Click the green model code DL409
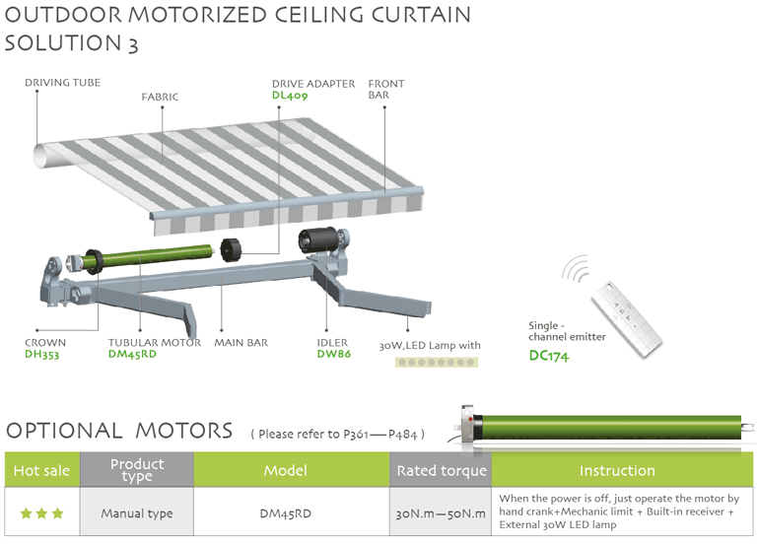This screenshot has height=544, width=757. (x=290, y=95)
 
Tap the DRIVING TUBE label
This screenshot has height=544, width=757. (x=63, y=83)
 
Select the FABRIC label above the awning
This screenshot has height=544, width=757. (x=160, y=97)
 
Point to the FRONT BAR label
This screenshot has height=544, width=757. (x=386, y=90)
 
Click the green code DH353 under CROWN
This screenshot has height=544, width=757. (x=42, y=355)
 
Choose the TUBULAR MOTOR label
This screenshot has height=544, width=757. (x=155, y=342)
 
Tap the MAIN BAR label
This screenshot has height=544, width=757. (x=241, y=342)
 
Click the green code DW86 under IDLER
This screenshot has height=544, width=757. (x=333, y=354)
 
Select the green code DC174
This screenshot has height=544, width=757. (x=549, y=356)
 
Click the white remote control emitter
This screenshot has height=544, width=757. (x=627, y=319)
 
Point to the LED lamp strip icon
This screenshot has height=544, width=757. (x=437, y=362)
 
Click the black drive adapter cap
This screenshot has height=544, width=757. (x=231, y=249)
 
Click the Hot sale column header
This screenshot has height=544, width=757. (x=42, y=470)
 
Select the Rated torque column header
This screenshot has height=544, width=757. (x=441, y=470)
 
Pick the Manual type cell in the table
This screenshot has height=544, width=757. (x=137, y=513)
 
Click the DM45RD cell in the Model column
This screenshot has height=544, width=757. (x=285, y=513)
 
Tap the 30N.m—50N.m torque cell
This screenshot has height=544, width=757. (x=441, y=513)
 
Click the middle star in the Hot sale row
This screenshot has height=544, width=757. (x=42, y=513)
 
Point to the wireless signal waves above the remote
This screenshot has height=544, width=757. (x=574, y=268)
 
